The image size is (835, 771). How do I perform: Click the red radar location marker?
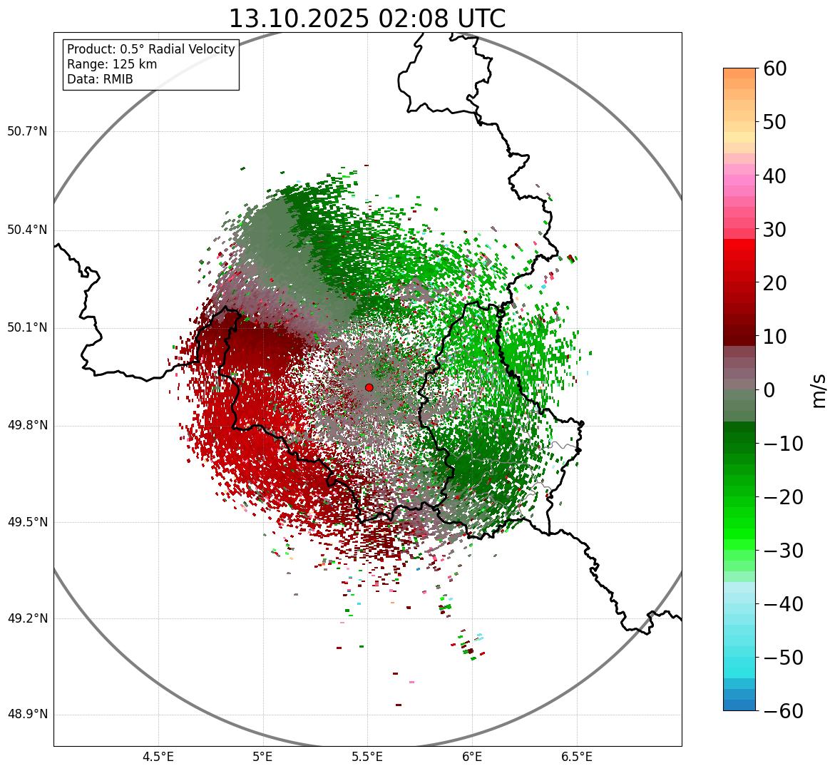click(x=369, y=387)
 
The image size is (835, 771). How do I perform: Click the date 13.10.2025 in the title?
click(x=298, y=19)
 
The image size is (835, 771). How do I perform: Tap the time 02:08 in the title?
click(x=408, y=19)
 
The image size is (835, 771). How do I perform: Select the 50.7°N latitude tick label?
click(x=27, y=132)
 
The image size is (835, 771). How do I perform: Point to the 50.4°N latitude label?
click(x=27, y=230)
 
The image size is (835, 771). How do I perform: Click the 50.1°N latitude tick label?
click(x=27, y=328)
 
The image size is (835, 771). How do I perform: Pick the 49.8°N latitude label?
click(x=27, y=426)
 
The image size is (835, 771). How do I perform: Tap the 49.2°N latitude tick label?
click(x=27, y=618)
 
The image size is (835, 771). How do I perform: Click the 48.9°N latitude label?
click(x=27, y=715)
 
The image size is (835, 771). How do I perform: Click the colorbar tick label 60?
click(x=775, y=68)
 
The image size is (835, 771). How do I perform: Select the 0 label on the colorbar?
click(x=769, y=390)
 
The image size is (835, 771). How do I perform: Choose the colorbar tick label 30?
click(x=775, y=230)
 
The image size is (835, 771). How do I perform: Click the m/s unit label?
click(x=820, y=390)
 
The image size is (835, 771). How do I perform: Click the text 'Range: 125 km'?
click(x=112, y=64)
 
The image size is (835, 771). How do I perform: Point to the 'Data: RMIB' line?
click(x=100, y=79)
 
